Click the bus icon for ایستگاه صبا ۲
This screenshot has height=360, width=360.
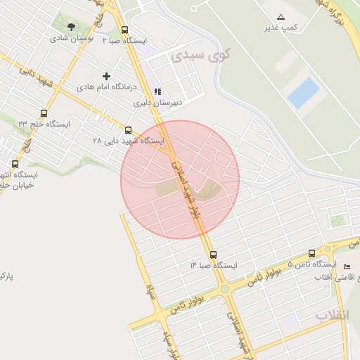pos(124,30)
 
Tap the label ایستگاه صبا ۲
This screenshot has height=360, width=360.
pos(124,41)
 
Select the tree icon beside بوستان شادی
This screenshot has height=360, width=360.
pos(71,27)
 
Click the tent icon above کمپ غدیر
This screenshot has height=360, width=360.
pos(281,16)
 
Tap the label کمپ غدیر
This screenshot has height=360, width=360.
pos(280,27)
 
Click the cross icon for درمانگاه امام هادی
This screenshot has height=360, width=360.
pos(106,76)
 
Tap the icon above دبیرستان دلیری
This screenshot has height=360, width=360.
pos(157,91)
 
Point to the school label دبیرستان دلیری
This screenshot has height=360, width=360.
pos(158,102)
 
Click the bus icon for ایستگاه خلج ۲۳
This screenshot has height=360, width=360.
pos(44,113)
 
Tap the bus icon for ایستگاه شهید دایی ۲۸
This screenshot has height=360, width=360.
pos(128,130)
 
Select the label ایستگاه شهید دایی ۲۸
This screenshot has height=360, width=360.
pos(128,141)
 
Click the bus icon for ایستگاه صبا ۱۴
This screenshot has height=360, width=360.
pos(214,255)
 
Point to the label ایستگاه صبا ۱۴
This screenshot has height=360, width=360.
pos(214,266)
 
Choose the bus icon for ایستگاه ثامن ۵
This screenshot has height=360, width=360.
pos(312,253)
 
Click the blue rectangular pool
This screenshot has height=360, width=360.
pos(303,93)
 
